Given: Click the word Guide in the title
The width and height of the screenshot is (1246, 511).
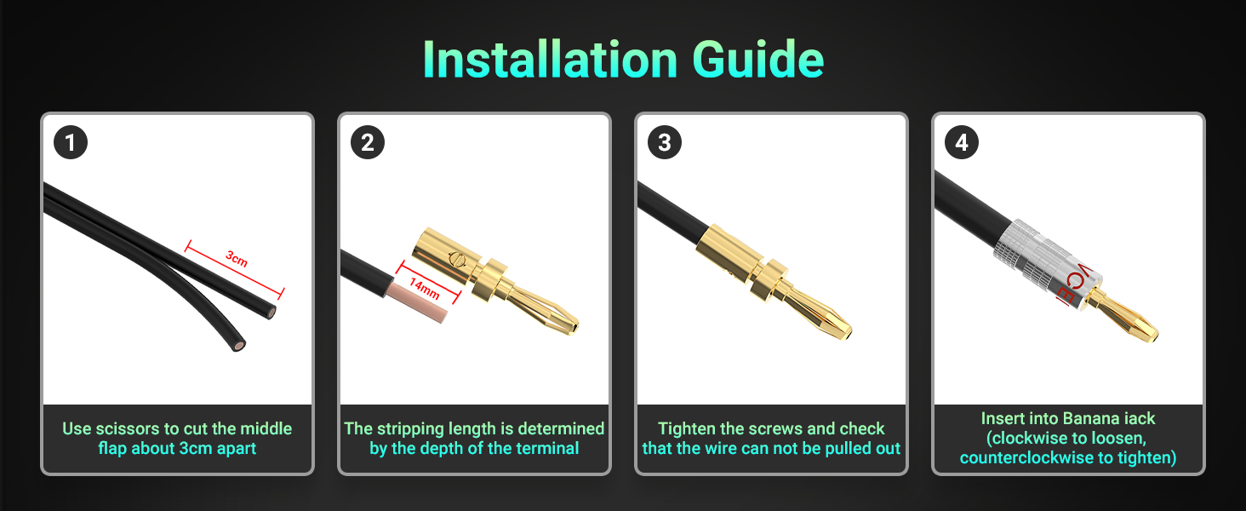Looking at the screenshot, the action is click(758, 59).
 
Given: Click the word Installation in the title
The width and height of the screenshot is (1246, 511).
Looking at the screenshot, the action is click(550, 59).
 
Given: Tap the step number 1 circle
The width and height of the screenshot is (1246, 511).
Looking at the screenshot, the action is click(71, 142).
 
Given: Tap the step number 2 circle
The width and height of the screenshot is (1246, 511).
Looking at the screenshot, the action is click(368, 142).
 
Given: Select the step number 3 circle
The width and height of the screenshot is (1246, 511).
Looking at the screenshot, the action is click(665, 142).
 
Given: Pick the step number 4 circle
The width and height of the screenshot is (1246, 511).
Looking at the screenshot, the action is click(962, 142).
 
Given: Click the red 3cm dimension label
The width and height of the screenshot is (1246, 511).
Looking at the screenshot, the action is click(237, 258).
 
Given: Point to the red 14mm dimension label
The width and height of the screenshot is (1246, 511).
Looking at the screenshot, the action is click(425, 289).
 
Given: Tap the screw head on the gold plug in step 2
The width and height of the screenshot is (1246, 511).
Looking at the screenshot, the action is click(456, 260).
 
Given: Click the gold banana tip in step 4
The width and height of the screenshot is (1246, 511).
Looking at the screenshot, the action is click(1129, 319).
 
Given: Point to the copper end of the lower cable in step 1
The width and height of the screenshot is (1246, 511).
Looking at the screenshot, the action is click(239, 346).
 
